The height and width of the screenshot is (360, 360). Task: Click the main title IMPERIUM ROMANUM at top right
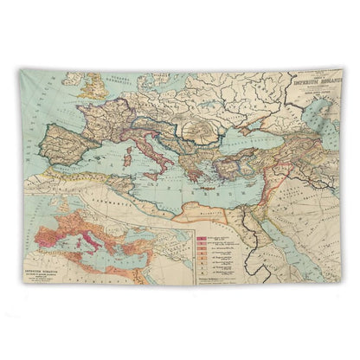313,86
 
